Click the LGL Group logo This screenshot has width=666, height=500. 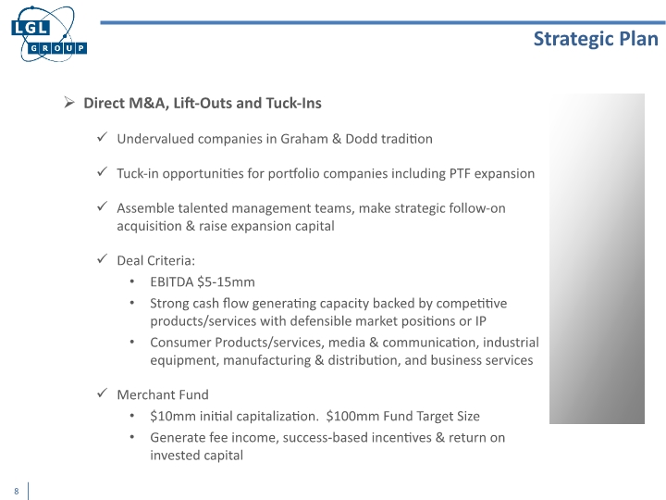(x=46, y=34)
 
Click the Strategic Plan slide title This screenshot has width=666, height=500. (x=596, y=38)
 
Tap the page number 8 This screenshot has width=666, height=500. (x=17, y=491)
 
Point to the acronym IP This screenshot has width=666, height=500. (x=480, y=321)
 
